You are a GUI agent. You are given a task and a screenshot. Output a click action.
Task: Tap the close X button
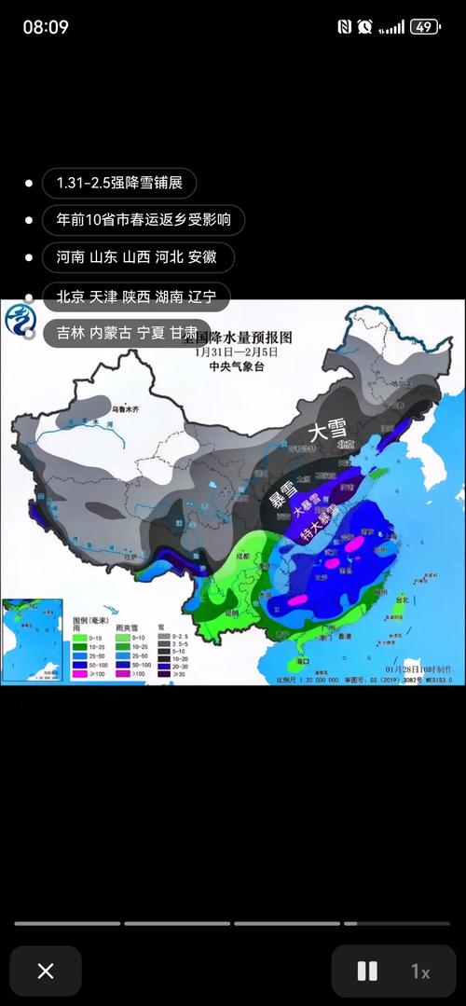pos(46,971)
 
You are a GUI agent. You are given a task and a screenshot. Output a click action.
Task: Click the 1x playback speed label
pos(420,972)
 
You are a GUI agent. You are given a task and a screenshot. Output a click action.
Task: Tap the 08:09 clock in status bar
pos(46,27)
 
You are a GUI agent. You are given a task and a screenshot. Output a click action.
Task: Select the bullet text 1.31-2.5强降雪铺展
pos(118,183)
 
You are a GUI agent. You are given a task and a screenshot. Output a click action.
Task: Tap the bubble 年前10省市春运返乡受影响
pos(144,220)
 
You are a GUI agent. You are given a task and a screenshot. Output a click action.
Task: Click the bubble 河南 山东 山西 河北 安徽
pos(138,257)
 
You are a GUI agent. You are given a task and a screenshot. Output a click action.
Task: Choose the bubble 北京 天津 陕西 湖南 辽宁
pos(136,296)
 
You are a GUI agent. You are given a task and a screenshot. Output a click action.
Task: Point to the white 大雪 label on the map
pos(327,430)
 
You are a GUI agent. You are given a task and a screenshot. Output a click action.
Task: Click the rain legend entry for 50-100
pos(94,664)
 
